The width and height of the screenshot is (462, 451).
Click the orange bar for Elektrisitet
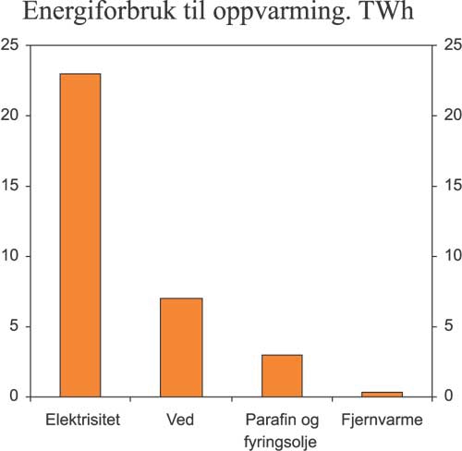80,235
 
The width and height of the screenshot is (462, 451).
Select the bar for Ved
181,347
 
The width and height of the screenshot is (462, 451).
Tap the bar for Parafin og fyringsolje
281,375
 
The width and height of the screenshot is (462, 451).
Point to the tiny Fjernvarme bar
382,394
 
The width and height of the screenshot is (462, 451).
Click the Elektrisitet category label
82,421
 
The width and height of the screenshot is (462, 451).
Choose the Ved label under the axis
181,421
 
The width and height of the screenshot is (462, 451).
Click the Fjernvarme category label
382,421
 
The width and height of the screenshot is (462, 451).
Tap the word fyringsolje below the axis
281,441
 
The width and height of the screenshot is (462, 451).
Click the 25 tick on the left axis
11,45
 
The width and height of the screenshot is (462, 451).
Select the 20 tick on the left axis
11,116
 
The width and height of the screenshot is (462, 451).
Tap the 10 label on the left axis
11,256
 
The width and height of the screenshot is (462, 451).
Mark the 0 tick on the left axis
15,396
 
